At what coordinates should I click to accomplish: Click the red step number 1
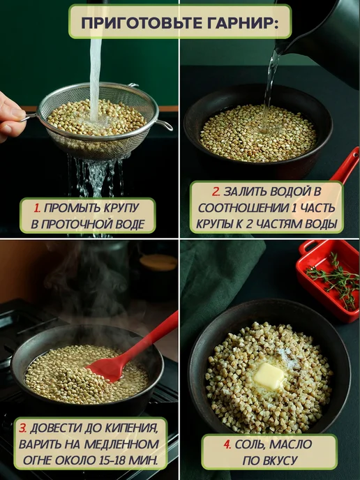37,208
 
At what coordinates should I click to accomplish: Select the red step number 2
216,192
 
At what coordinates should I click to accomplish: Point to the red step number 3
22,428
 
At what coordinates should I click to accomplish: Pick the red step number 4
227,444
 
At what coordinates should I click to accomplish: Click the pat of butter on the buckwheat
269,376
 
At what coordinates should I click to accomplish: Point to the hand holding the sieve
10,117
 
